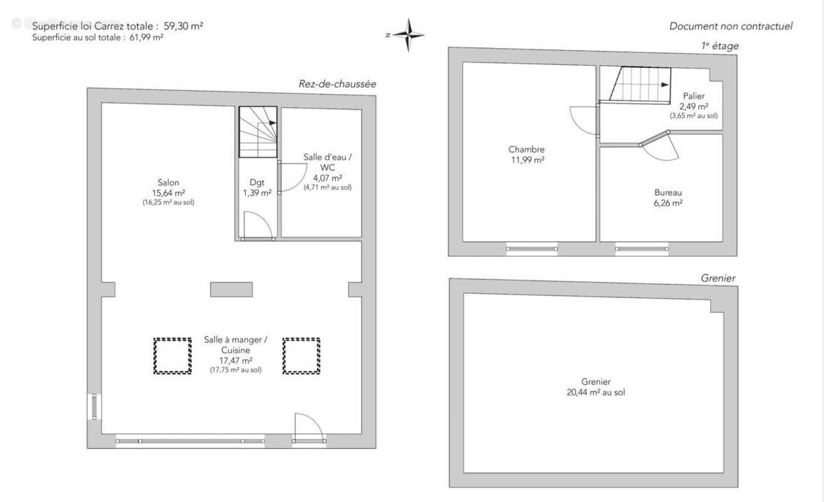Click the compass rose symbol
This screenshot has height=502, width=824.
pyautogui.click(x=409, y=35)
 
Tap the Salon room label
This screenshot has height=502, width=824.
pyautogui.click(x=168, y=183)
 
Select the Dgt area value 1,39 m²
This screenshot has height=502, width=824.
pyautogui.click(x=257, y=193)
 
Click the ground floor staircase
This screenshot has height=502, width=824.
pyautogui.click(x=258, y=132)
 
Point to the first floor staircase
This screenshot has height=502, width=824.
pyautogui.click(x=640, y=84)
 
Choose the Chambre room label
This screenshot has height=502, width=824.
pyautogui.click(x=527, y=149)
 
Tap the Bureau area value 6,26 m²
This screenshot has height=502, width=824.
pyautogui.click(x=668, y=203)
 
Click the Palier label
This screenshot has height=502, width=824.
pyautogui.click(x=694, y=96)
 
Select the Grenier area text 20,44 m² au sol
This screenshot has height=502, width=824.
pyautogui.click(x=595, y=392)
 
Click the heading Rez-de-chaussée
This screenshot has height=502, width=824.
pyautogui.click(x=337, y=84)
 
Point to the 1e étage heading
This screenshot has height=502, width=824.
pyautogui.click(x=720, y=46)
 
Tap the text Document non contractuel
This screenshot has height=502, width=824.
pyautogui.click(x=731, y=26)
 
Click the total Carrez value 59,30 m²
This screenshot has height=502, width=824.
pyautogui.click(x=183, y=25)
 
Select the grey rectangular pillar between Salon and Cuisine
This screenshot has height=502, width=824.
pyautogui.click(x=231, y=289)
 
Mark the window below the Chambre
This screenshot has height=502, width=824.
pyautogui.click(x=532, y=249)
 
